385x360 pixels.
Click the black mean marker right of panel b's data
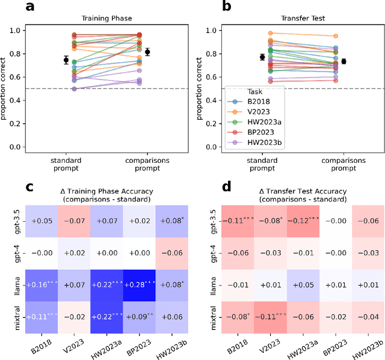360,61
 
